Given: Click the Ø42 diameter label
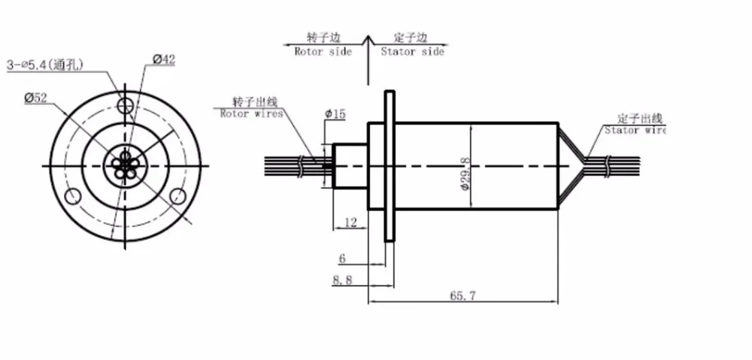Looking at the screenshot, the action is coord(164,59).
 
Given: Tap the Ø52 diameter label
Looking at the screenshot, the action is coord(35,98).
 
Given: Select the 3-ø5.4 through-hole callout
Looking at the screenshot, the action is coord(44,65).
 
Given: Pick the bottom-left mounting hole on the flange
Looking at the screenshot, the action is coord(73,195).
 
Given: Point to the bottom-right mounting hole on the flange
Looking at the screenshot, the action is coord(178,195).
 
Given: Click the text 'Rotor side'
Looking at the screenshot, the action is coord(323,51).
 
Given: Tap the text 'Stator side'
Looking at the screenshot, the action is coord(412,51).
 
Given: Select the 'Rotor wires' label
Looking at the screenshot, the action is coord(251,114).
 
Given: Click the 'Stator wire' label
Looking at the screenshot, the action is coord(635,130).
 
